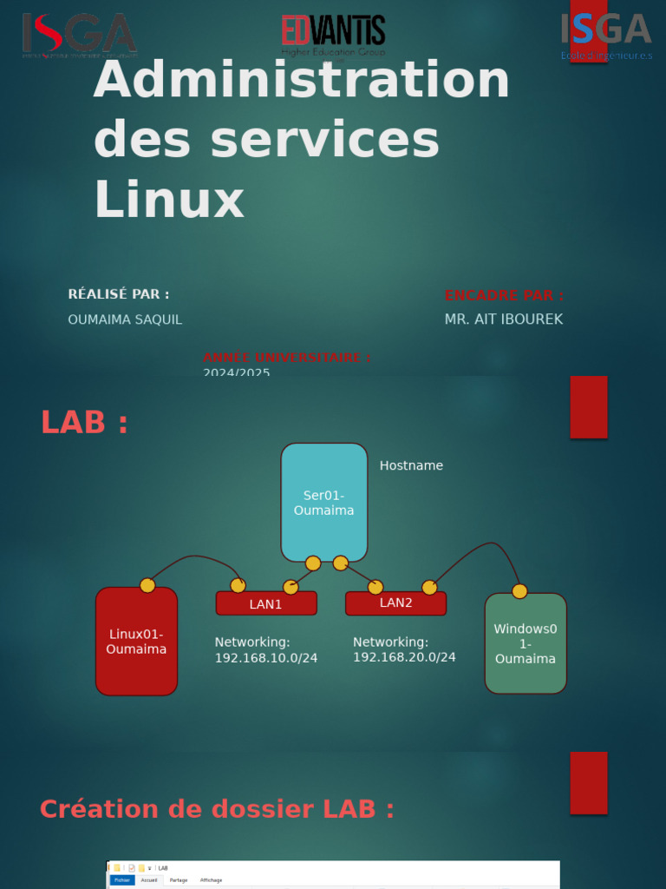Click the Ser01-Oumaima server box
tap(323, 502)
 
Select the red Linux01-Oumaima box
tap(136, 642)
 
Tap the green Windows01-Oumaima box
tap(526, 643)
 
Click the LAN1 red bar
tap(266, 604)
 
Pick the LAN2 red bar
tap(395, 603)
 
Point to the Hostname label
tap(411, 465)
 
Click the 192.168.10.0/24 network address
tap(266, 658)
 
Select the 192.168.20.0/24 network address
tap(404, 657)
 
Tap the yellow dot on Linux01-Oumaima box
tap(147, 585)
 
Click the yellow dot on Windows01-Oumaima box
tap(519, 591)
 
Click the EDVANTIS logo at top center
tap(333, 34)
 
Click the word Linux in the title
tap(169, 200)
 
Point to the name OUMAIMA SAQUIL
tap(125, 319)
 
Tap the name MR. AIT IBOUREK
tap(504, 319)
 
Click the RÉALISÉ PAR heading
tap(119, 294)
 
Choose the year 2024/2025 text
tap(237, 372)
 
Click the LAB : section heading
tap(84, 423)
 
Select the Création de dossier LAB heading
tap(217, 809)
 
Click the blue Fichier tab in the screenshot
tap(122, 880)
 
